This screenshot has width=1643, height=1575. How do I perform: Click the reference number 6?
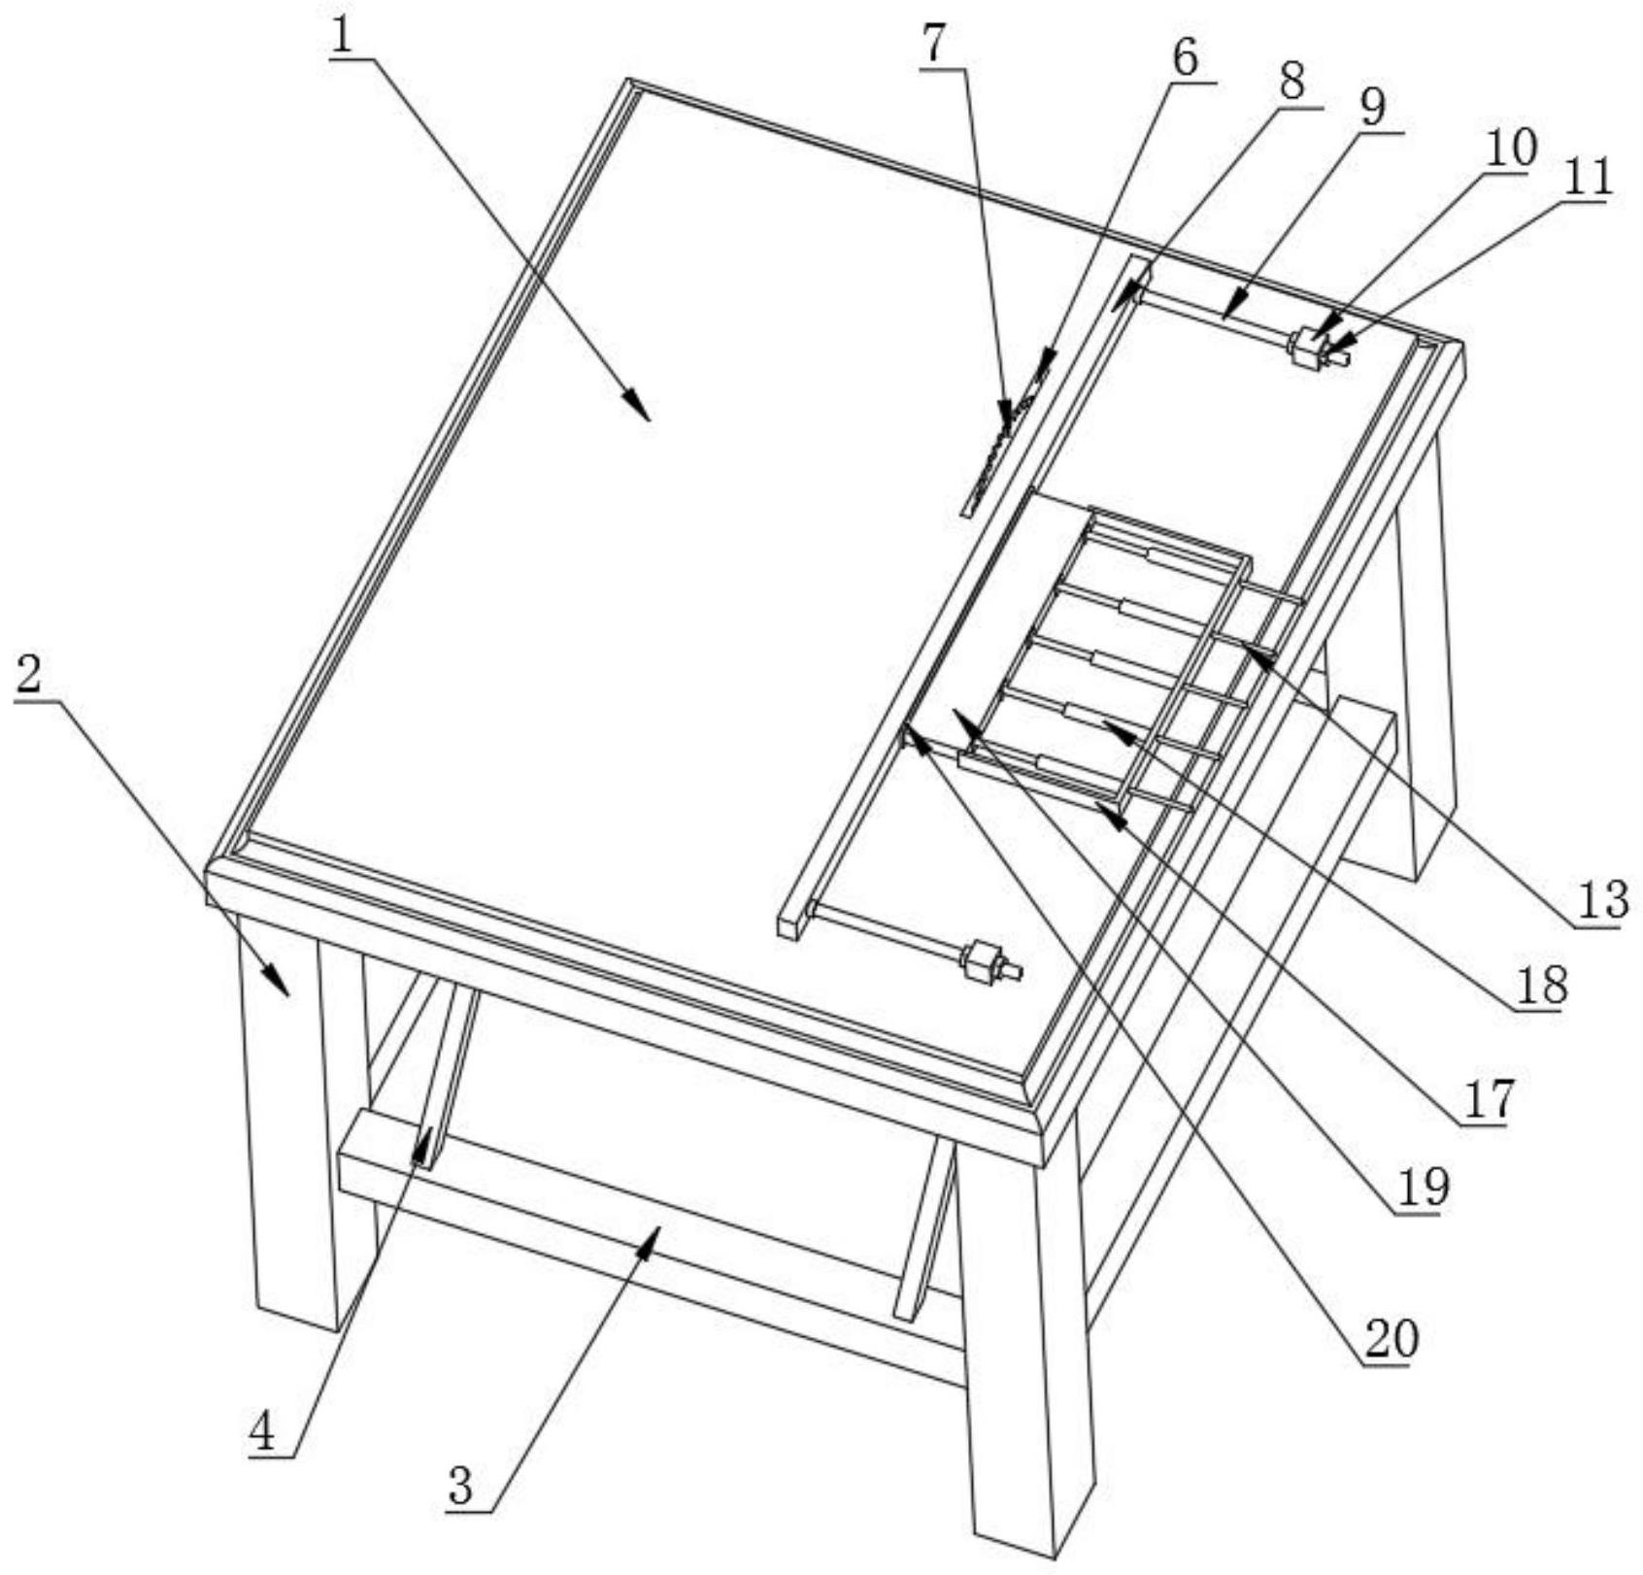[x=1186, y=58]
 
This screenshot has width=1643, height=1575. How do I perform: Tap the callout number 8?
[x=1291, y=83]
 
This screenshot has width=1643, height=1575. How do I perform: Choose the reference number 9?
[x=1373, y=107]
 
